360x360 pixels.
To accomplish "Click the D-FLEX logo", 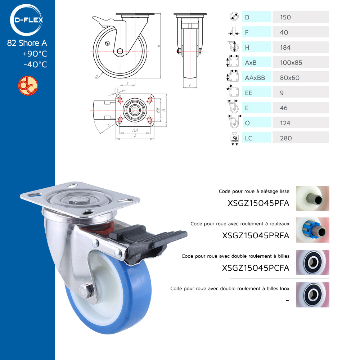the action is [27, 20].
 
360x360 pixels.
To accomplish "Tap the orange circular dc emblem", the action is [28, 86].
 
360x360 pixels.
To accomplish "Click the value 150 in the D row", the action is [285, 17].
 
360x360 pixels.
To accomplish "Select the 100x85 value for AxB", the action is [291, 63].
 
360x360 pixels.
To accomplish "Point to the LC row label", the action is [248, 138].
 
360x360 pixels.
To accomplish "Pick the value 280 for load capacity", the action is [286, 138].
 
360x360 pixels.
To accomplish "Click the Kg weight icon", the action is [234, 139].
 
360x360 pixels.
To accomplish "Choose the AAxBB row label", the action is [255, 78].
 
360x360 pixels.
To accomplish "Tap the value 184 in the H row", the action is [285, 48].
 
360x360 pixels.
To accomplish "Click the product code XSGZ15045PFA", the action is [258, 203].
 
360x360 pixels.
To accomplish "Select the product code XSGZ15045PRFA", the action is [256, 235].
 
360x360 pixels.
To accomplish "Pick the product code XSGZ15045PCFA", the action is [256, 268].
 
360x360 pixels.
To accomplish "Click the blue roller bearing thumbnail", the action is [312, 230].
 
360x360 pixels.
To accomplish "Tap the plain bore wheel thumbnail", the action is [312, 198].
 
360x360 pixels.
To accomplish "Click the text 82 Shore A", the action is [27, 43].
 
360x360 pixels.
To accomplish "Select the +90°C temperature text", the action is [35, 54].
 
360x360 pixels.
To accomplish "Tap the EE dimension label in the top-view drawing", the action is [117, 90].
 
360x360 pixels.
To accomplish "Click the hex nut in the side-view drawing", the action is [120, 51].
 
